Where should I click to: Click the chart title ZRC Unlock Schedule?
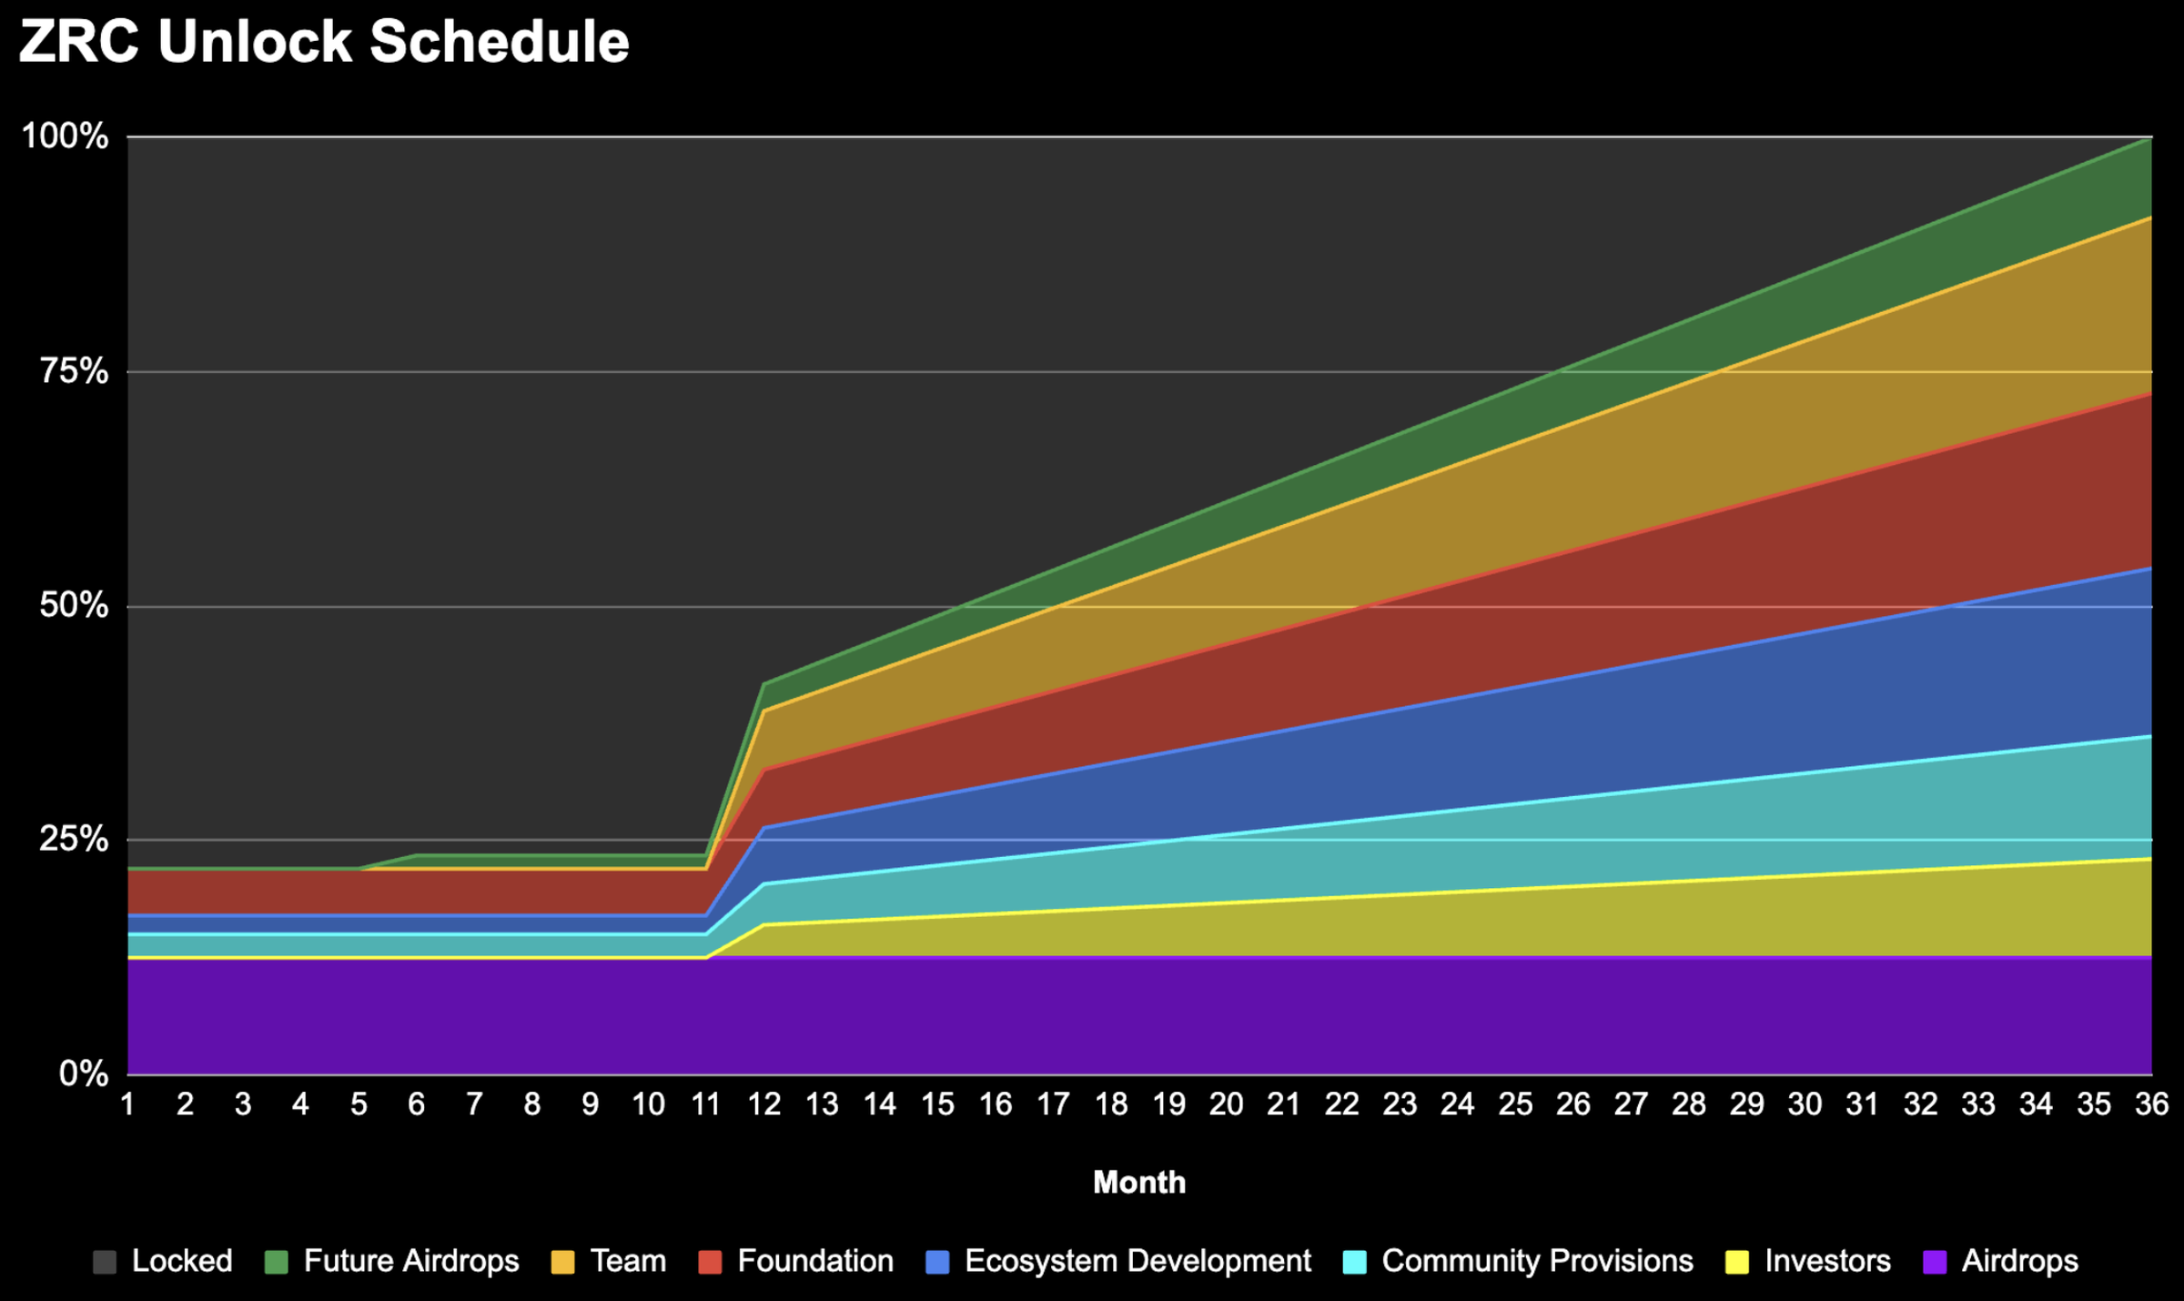click(324, 42)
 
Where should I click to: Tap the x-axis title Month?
click(1139, 1183)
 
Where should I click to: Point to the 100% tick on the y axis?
click(65, 137)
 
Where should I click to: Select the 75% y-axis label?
click(74, 372)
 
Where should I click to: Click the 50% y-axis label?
click(74, 606)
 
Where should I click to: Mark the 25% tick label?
click(74, 840)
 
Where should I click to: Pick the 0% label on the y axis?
click(84, 1074)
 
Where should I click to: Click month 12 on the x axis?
click(764, 1104)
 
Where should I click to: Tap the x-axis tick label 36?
click(2151, 1104)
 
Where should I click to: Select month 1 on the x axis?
click(128, 1104)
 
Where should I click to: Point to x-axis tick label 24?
click(1457, 1104)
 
